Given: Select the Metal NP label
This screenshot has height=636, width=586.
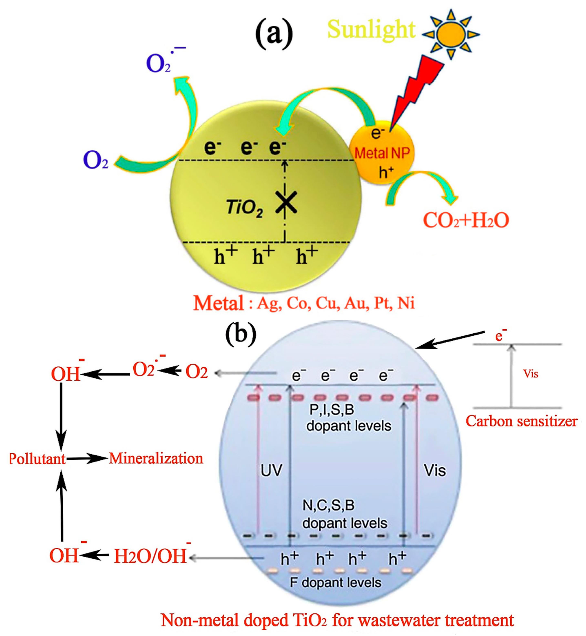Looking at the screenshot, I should click(x=382, y=153).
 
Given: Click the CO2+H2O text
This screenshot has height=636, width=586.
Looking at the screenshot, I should click(x=465, y=220).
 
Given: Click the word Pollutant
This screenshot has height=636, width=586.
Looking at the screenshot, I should click(x=37, y=459).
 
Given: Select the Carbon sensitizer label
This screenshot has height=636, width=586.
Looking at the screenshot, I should click(x=521, y=422).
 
